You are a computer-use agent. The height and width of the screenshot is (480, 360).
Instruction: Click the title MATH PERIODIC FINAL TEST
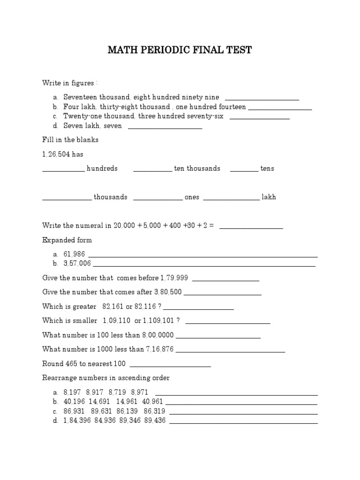pyautogui.click(x=180, y=50)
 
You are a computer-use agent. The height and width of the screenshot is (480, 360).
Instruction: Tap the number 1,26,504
pyautogui.click(x=56, y=154)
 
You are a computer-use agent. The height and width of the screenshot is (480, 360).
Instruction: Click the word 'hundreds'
pyautogui.click(x=102, y=168)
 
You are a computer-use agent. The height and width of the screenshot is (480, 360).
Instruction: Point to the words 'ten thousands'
pyautogui.click(x=197, y=168)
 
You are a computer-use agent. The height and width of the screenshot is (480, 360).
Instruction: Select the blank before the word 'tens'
pyautogui.click(x=244, y=170)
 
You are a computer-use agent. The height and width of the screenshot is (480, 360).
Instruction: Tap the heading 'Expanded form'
pyautogui.click(x=67, y=240)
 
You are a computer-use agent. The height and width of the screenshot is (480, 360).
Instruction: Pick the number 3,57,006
pyautogui.click(x=77, y=263)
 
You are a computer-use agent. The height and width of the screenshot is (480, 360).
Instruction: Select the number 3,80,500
pyautogui.click(x=168, y=292)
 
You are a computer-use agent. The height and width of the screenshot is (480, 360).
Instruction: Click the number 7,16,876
pyautogui.click(x=160, y=349)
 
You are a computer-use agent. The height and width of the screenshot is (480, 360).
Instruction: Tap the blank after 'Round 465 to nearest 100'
pyautogui.click(x=170, y=365)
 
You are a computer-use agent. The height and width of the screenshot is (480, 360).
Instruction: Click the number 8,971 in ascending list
pyautogui.click(x=140, y=392)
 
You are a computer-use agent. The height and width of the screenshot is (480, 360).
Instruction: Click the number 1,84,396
pyautogui.click(x=77, y=420)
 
